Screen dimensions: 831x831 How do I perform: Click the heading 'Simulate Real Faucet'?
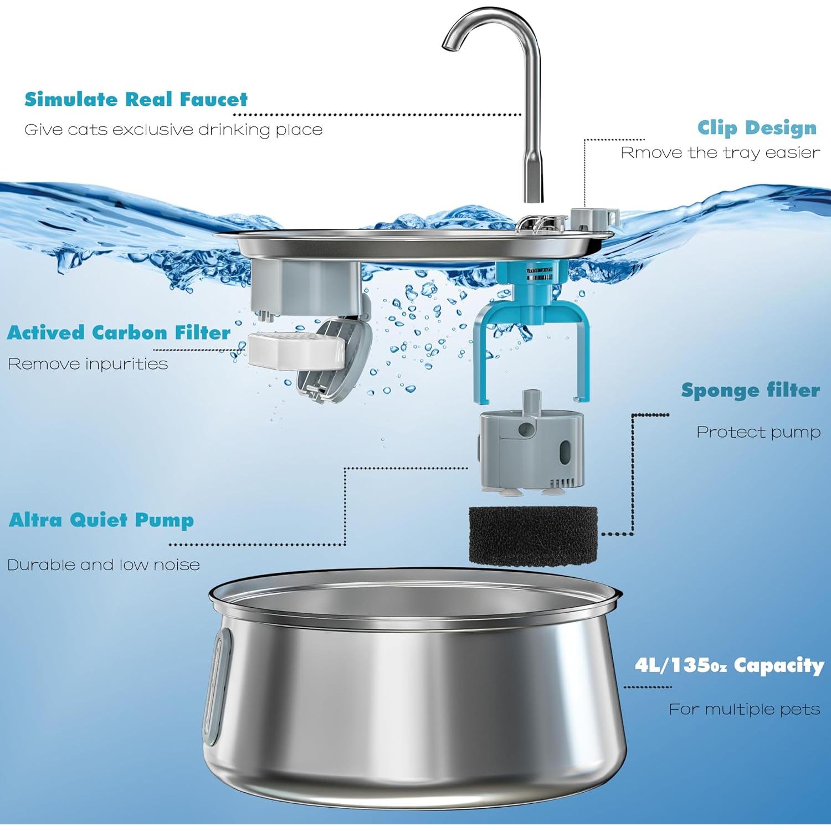(136, 99)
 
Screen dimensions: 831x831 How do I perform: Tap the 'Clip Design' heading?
(757, 128)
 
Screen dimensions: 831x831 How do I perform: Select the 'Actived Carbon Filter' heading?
(119, 332)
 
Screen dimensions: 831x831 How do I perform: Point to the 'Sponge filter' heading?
(750, 390)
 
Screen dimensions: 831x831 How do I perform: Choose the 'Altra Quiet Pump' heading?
(101, 520)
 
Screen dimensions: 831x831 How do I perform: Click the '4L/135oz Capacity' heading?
(729, 665)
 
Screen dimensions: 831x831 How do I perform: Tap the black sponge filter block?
(533, 535)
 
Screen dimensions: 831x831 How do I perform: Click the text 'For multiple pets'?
(744, 709)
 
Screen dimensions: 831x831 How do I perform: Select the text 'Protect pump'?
(758, 432)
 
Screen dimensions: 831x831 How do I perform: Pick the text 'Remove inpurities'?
(88, 364)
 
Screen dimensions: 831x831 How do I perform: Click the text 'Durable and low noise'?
(103, 565)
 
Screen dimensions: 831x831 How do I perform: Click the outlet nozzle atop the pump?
(532, 400)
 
